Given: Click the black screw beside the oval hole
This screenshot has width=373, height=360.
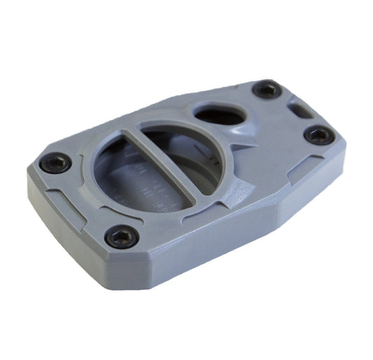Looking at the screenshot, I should pyautogui.click(x=267, y=90).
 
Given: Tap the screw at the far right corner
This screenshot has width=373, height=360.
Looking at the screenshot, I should pyautogui.click(x=319, y=135).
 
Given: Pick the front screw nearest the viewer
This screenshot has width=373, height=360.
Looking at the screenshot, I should pyautogui.click(x=120, y=236).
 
